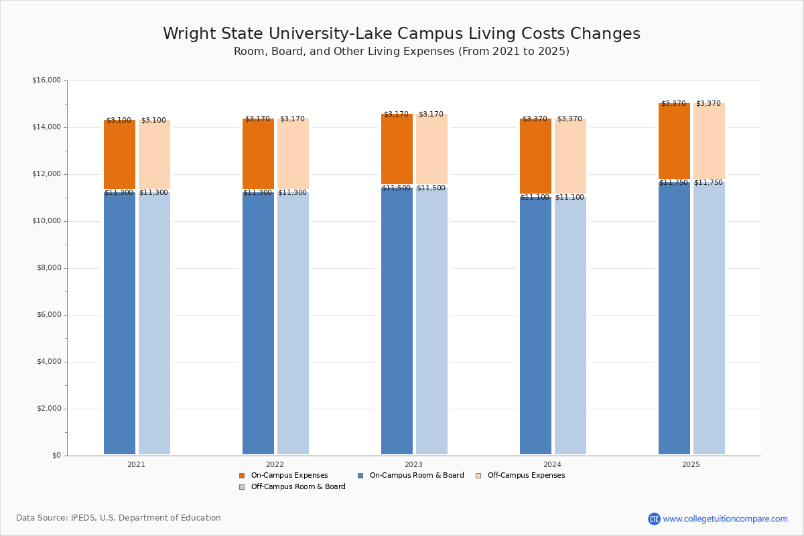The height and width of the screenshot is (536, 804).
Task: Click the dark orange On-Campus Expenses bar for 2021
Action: point(119,155)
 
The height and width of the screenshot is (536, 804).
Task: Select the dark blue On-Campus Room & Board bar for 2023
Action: point(397,322)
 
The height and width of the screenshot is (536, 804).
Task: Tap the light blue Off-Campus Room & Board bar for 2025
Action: point(709,322)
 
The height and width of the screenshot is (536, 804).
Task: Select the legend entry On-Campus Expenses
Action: point(283,476)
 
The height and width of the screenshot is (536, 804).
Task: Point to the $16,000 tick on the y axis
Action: point(46,80)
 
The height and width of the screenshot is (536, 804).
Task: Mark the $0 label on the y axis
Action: point(56,456)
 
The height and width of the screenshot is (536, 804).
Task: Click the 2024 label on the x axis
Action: point(553,464)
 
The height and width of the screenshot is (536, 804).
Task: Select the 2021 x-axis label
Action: point(136,464)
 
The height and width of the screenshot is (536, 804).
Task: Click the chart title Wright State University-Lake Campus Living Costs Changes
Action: point(401,33)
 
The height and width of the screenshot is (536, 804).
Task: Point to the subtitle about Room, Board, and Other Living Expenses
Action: point(401,52)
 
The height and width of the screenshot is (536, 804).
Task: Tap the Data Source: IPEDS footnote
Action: point(119,518)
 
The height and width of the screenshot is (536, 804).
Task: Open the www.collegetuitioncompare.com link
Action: point(725,519)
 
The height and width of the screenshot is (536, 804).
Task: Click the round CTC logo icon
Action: point(654,519)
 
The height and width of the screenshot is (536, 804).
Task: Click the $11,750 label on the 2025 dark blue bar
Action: point(673,183)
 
